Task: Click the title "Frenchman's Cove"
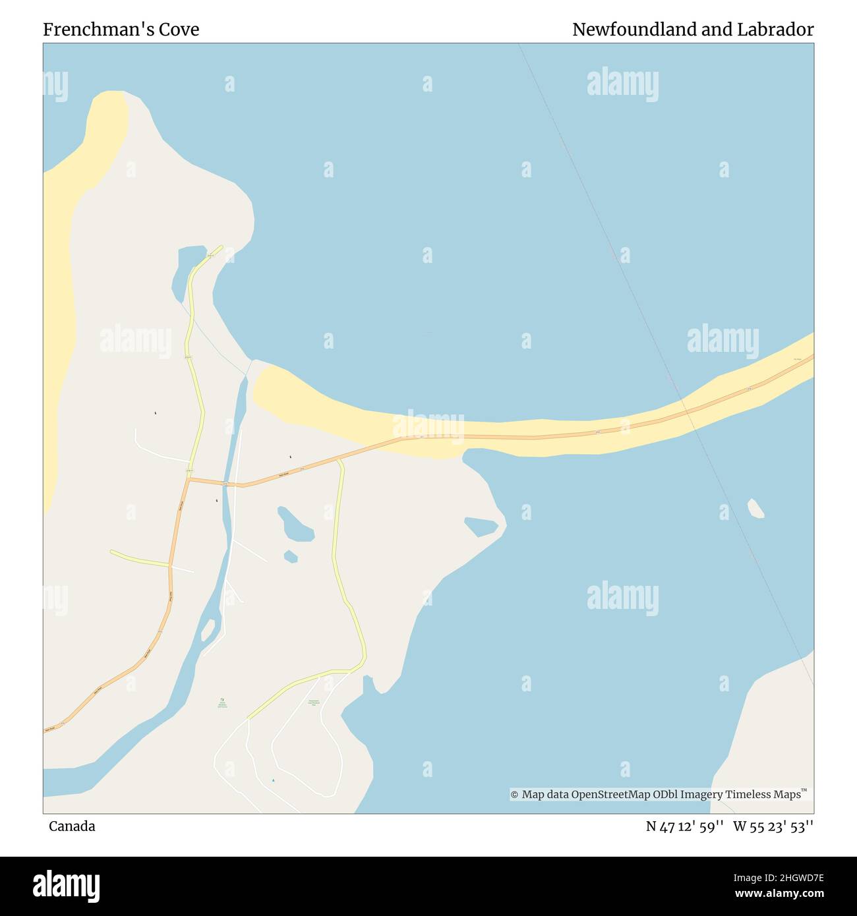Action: click(x=121, y=30)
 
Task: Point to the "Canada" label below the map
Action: click(x=72, y=826)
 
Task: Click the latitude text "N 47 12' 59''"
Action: click(x=686, y=826)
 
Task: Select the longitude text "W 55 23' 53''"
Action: click(x=773, y=826)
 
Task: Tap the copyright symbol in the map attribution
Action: click(x=514, y=795)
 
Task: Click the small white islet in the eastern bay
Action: click(x=755, y=508)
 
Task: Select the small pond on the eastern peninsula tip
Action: click(x=481, y=526)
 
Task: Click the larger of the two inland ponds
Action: click(x=295, y=525)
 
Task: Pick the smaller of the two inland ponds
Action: click(x=290, y=556)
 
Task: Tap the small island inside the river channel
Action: click(x=208, y=630)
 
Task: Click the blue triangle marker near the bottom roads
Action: click(x=274, y=781)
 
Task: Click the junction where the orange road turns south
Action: click(x=189, y=480)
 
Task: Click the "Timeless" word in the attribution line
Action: click(x=749, y=794)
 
